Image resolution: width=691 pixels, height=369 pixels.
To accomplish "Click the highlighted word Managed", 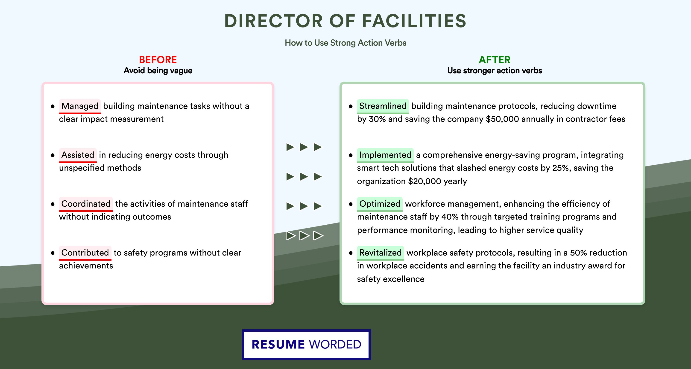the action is click(80, 106).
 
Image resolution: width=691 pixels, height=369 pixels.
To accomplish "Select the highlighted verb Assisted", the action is click(78, 155).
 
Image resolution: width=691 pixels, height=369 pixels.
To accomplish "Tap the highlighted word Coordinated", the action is click(86, 204).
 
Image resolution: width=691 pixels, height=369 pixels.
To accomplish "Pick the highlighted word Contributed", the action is click(85, 253).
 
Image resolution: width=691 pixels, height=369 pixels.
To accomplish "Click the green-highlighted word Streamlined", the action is click(383, 106).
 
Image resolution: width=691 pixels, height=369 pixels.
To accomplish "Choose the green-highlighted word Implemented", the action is click(385, 155).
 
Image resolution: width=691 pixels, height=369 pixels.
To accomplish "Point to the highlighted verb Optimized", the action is click(380, 204).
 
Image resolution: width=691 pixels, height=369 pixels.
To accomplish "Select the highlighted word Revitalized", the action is click(380, 253).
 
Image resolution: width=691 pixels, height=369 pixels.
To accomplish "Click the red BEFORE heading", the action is click(158, 60).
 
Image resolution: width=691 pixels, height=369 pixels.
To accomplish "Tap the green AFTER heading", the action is click(495, 60).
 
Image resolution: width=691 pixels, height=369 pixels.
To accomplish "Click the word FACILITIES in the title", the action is click(414, 21).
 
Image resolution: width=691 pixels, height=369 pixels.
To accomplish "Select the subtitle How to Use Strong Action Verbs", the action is click(345, 43).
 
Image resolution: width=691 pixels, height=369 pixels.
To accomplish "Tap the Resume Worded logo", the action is click(306, 345).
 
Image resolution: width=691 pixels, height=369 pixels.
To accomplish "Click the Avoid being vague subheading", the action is click(158, 71).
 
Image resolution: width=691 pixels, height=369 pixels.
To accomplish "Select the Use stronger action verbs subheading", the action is click(495, 71).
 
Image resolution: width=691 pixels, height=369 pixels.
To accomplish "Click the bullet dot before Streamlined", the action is click(351, 106).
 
